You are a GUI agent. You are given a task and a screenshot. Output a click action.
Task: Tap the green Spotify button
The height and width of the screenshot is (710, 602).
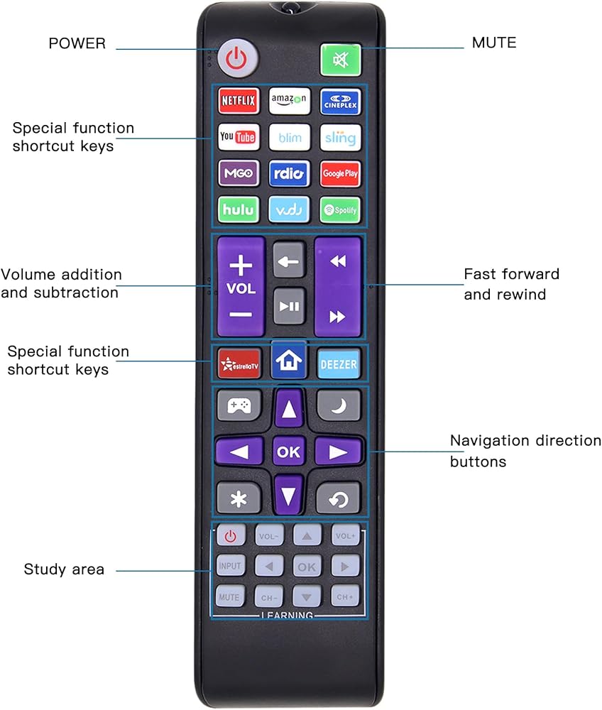click(340, 210)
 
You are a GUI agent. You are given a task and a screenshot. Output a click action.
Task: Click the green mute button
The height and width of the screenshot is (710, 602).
click(341, 60)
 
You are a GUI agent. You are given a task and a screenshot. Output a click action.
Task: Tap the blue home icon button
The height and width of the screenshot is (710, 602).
click(289, 360)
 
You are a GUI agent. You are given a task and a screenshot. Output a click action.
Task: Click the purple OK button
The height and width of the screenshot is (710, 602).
click(289, 452)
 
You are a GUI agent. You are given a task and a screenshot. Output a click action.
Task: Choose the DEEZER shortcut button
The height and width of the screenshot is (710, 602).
click(339, 365)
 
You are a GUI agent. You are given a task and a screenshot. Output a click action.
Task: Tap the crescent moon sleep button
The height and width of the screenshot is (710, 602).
click(339, 406)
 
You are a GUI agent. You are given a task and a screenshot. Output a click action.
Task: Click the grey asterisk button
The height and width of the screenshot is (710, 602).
click(239, 498)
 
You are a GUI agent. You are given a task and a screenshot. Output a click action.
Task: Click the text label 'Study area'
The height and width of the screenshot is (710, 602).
click(64, 569)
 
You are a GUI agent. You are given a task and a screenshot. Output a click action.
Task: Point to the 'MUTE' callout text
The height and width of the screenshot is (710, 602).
click(494, 43)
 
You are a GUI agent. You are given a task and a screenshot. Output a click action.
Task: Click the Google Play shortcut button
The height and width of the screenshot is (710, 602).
click(340, 173)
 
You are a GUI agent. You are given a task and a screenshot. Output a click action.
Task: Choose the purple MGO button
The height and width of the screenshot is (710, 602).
click(239, 173)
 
